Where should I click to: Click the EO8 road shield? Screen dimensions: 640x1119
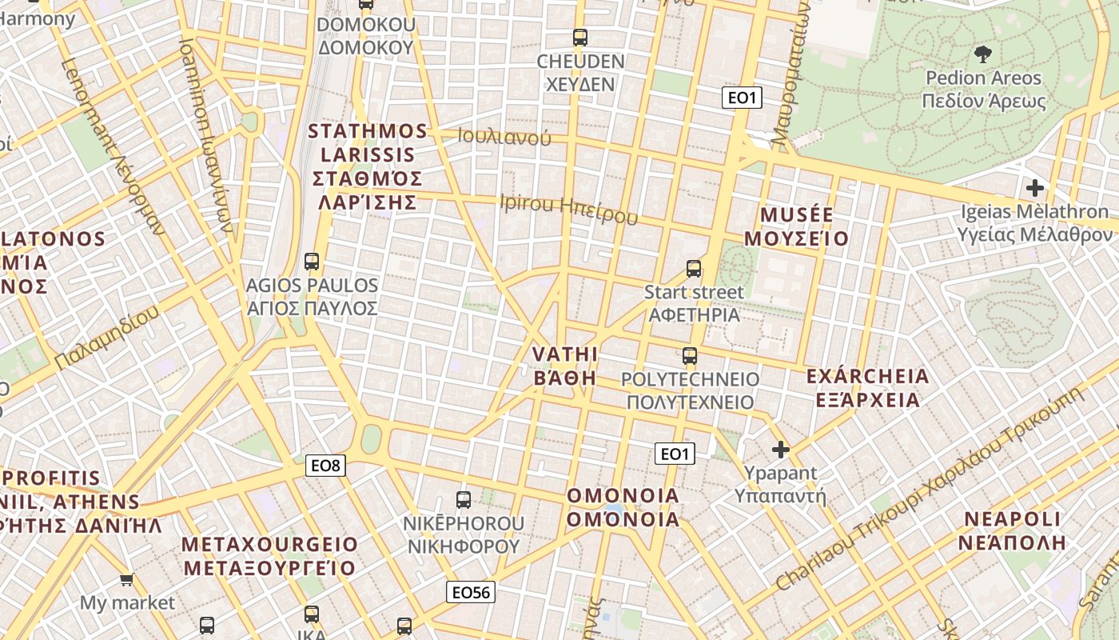(x=326, y=465)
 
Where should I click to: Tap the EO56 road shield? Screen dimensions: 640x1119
(x=470, y=592)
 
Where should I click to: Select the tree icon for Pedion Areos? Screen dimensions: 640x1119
(x=983, y=54)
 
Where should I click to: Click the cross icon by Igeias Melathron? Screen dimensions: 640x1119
(x=1035, y=188)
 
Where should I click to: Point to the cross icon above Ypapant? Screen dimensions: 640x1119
(x=781, y=450)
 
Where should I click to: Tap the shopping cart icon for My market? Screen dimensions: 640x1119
(x=126, y=578)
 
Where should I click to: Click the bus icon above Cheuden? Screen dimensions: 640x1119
(x=580, y=37)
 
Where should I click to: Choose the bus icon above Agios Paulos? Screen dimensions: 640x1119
(x=312, y=261)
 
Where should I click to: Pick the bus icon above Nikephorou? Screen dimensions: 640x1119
(x=464, y=500)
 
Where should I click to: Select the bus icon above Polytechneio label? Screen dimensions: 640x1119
(x=690, y=356)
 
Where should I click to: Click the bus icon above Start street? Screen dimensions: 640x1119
(x=694, y=269)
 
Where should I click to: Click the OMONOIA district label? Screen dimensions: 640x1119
(x=623, y=507)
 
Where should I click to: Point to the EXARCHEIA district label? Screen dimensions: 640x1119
(x=868, y=387)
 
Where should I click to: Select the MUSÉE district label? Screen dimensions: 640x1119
(x=796, y=226)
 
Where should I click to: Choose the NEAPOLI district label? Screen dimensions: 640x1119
(x=1013, y=530)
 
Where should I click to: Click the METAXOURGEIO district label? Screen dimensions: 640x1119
(x=270, y=556)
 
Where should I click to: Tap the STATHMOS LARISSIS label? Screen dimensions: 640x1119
(x=368, y=166)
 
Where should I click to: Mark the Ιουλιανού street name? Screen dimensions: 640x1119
(x=504, y=137)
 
